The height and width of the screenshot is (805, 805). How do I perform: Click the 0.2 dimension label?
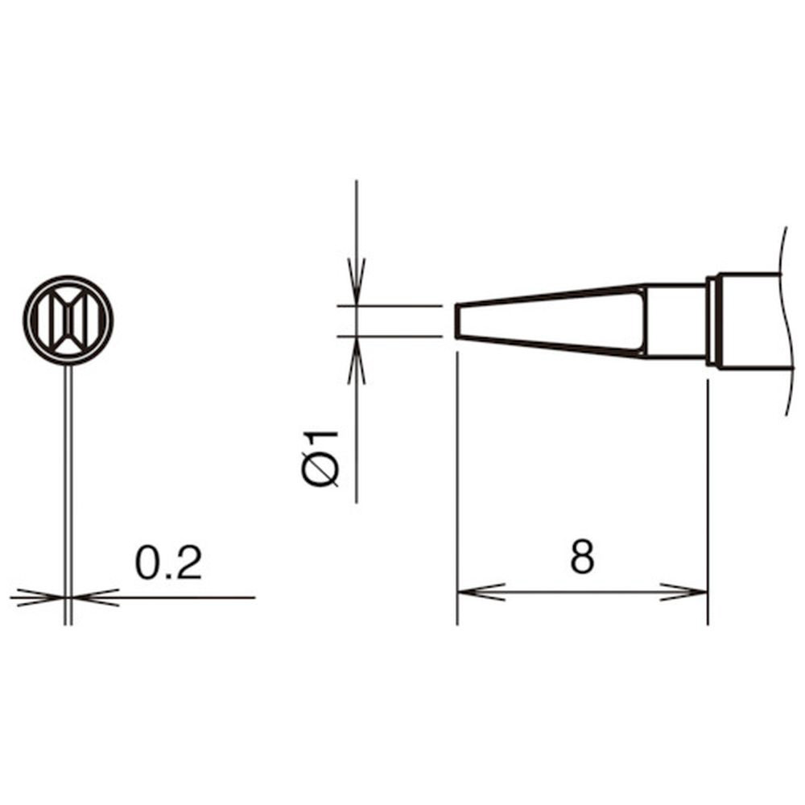tap(168, 563)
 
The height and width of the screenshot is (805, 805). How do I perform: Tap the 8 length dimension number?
tap(582, 556)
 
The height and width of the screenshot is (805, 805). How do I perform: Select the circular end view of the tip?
tap(68, 320)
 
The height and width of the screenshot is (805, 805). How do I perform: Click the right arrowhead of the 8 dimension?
tap(683, 592)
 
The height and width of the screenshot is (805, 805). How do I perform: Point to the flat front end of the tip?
tap(456, 321)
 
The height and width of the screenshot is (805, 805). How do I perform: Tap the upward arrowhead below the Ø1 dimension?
tap(357, 361)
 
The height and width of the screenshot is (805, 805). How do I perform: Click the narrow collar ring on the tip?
tap(712, 321)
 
